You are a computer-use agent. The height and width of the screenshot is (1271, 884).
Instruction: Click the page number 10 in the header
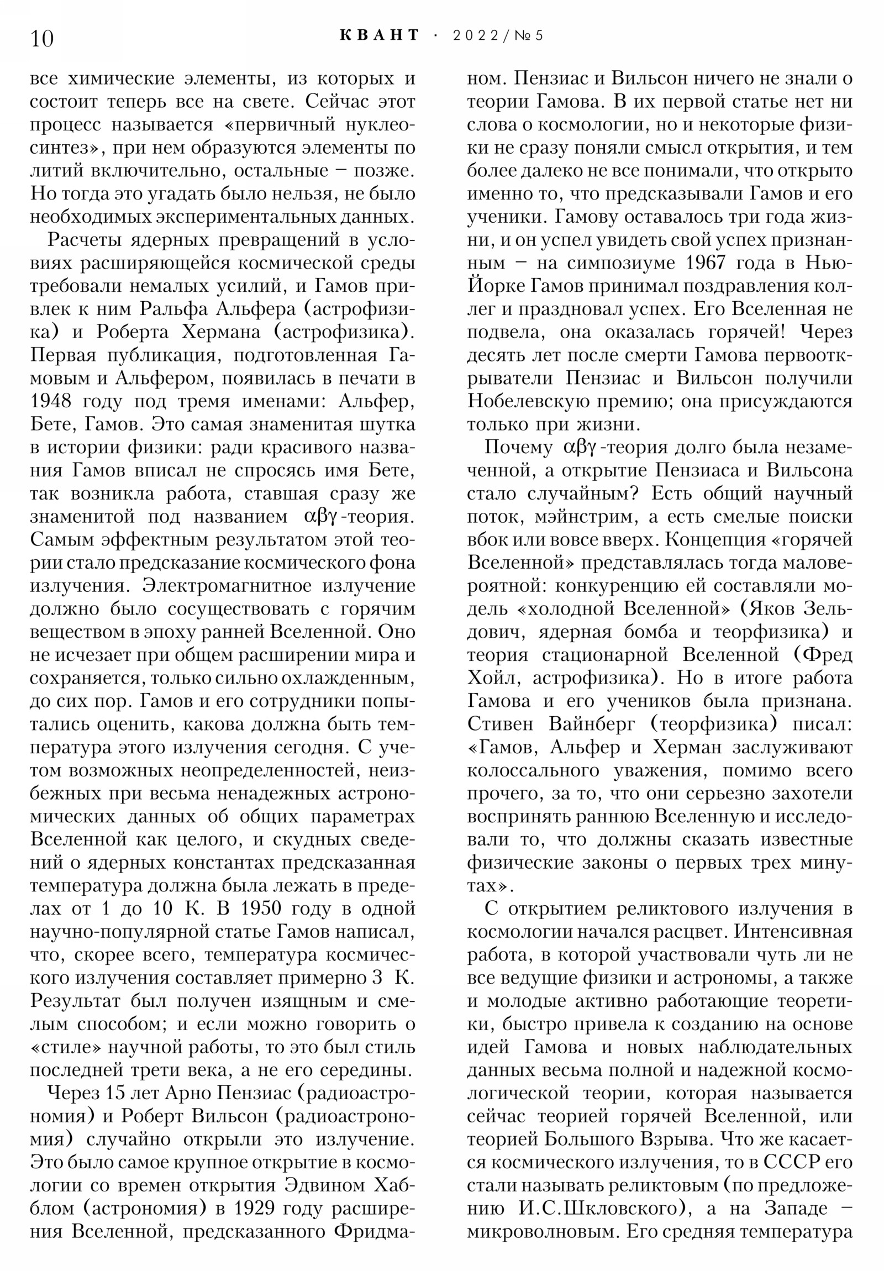click(x=42, y=39)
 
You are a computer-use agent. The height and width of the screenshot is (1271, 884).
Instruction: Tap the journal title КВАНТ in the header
click(x=380, y=35)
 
